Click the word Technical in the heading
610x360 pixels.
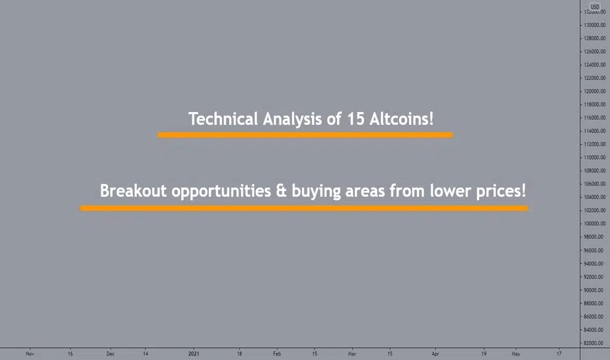pyautogui.click(x=223, y=118)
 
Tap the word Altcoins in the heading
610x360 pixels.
pyautogui.click(x=401, y=118)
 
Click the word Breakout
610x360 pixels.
pyautogui.click(x=133, y=190)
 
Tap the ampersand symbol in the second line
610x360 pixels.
pyautogui.click(x=281, y=191)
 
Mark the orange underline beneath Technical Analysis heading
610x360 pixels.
pyautogui.click(x=306, y=135)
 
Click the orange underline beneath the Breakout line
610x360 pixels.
pyautogui.click(x=304, y=208)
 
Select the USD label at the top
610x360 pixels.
pyautogui.click(x=595, y=7)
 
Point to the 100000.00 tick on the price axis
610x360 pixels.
pyautogui.click(x=594, y=224)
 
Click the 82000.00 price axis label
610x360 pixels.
pyautogui.click(x=595, y=343)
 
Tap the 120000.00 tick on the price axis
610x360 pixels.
pyautogui.click(x=594, y=91)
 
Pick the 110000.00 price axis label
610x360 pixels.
pyautogui.click(x=594, y=157)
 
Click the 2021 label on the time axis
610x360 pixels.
pyautogui.click(x=194, y=353)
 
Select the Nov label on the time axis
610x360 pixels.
pyautogui.click(x=30, y=353)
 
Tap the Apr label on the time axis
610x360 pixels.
pyautogui.click(x=435, y=353)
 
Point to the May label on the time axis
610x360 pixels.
pyautogui.click(x=516, y=353)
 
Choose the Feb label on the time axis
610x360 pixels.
pyautogui.click(x=277, y=353)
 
